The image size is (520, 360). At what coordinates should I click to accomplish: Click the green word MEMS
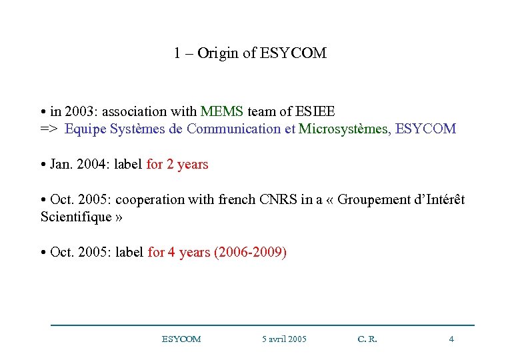222,111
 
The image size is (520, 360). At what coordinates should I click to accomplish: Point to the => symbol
49,129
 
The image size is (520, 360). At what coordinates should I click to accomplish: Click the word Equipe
85,129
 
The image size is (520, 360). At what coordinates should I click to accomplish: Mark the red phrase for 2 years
177,164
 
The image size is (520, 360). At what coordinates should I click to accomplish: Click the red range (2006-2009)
250,253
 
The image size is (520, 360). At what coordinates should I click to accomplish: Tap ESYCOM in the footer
181,339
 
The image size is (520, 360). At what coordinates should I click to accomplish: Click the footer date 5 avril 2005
285,339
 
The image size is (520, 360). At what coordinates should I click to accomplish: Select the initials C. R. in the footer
367,339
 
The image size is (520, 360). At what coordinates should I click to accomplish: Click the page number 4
451,339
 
